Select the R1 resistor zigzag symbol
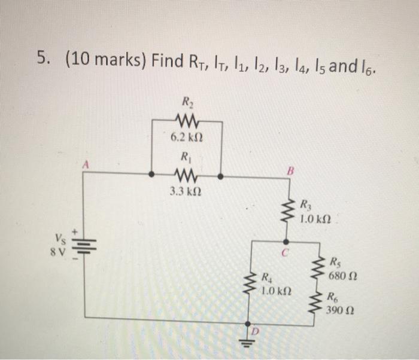click(x=186, y=176)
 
